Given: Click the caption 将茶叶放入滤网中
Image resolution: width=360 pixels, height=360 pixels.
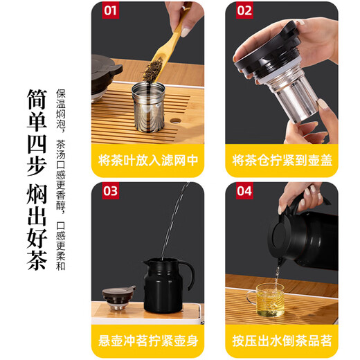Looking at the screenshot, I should click(x=147, y=161).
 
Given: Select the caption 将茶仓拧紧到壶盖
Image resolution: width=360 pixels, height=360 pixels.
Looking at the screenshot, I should click(x=282, y=161).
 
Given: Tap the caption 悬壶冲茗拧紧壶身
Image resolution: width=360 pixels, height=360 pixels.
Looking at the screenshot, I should click(x=147, y=341).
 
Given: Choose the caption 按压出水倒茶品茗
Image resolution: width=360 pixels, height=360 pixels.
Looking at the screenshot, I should click(x=282, y=341).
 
